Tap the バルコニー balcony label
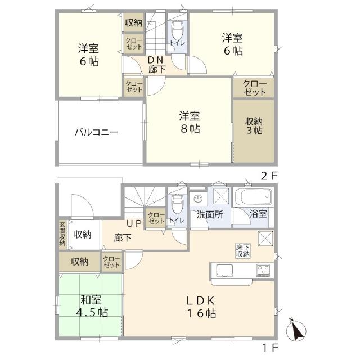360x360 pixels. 97,133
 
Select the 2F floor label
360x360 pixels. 269,175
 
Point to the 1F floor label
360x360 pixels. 269,347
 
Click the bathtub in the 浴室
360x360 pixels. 253,199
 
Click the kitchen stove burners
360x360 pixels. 264,270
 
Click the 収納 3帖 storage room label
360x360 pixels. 253,125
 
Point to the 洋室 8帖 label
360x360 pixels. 190,122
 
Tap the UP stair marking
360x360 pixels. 133,223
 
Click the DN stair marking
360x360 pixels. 156,60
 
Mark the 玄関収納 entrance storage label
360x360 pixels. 62,234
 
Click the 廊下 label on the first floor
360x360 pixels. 123,238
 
